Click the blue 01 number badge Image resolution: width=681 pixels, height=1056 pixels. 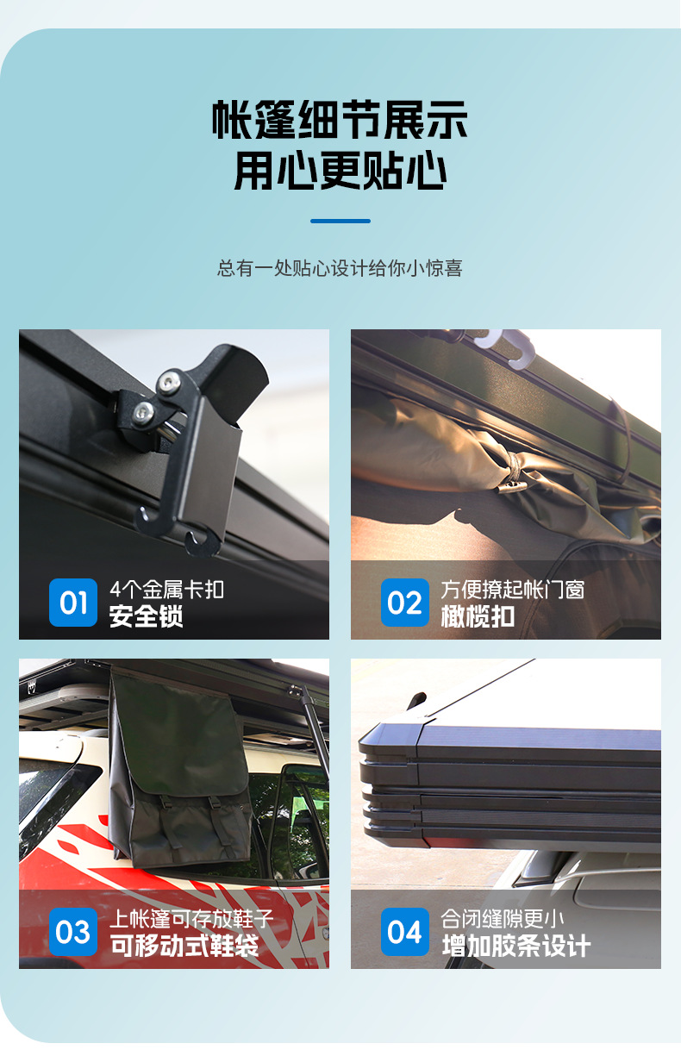73,603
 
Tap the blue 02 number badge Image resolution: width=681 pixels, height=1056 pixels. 405,603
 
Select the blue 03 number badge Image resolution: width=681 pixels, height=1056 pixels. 73,932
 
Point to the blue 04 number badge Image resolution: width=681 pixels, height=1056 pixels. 405,932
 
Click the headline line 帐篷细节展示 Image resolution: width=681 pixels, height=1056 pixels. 340,120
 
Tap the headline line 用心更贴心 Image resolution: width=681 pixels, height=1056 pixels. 340,170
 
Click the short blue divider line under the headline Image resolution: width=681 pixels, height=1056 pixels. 340,221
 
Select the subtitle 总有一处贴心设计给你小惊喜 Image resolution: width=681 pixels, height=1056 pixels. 340,268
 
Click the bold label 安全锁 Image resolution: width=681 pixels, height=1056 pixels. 146,616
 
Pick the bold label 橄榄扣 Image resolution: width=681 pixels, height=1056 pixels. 478,616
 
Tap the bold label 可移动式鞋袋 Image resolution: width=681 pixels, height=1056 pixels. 184,945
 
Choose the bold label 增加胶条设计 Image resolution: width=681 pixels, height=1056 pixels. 516,945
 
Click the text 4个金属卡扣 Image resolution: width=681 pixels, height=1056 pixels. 167,590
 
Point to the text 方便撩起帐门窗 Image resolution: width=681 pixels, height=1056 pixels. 513,590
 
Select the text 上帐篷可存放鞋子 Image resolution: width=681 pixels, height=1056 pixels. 191,918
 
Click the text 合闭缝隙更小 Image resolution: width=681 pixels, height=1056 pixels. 502,918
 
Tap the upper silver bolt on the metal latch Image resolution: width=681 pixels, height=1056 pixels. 168,380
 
